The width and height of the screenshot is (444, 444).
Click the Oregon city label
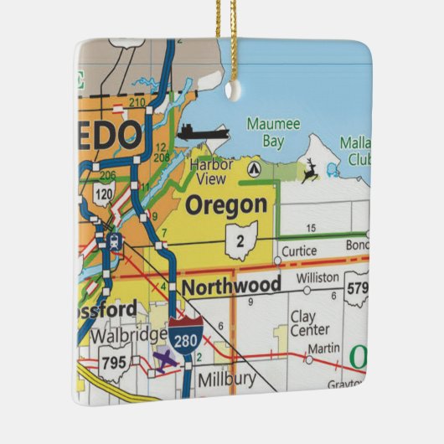227,205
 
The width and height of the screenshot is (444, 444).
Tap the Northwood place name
231,286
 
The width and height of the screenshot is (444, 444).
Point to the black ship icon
202,132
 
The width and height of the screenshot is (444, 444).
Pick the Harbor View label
210,171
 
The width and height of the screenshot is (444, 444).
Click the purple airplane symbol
167,359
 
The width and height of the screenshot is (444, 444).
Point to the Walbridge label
128,335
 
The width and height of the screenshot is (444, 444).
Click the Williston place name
318,277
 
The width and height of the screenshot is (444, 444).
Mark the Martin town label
323,348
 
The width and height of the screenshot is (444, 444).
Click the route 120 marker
104,195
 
